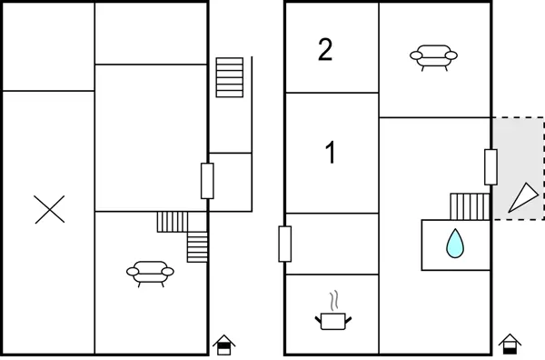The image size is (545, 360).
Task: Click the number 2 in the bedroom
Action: pos(325,50)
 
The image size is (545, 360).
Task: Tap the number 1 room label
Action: pos(331,152)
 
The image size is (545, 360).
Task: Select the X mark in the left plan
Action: pos(49,209)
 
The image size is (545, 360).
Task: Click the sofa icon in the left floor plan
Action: pos(150,274)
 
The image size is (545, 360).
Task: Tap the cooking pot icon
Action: pos(333,321)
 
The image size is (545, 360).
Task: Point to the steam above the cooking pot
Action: pos(334,301)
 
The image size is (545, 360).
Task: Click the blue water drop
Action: pos(455,244)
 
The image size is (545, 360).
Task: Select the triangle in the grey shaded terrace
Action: pos(524,197)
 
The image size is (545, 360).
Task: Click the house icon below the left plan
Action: pos(224,345)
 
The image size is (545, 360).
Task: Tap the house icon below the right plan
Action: pos(510,344)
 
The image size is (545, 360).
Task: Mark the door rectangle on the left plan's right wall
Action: pos(207,181)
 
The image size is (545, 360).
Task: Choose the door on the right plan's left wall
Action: pos(285,244)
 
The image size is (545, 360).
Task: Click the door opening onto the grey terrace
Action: pos(490,167)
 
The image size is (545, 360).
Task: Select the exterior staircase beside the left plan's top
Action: pos(230,77)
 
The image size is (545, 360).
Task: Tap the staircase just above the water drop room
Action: pos(470,206)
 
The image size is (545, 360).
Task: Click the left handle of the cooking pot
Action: pos(318,320)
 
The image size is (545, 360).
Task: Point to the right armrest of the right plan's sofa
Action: pos(451,55)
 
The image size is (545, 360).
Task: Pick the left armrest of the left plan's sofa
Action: pos(133,272)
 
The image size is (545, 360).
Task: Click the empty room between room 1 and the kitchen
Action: pos(332,244)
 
